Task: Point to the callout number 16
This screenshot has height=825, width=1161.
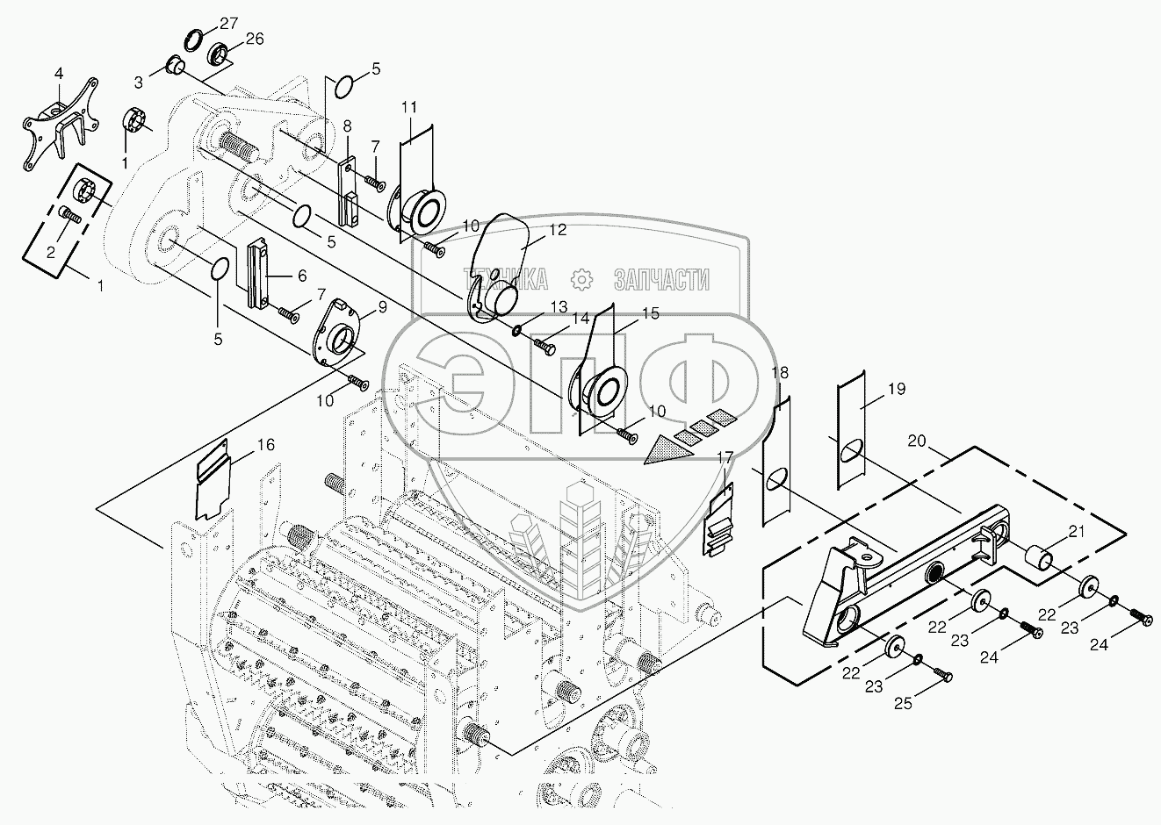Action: tap(265, 446)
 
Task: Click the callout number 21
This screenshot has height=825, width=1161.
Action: tap(1076, 530)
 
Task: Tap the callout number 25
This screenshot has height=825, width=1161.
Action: tap(902, 703)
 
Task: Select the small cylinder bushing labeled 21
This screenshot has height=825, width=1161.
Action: tap(1040, 556)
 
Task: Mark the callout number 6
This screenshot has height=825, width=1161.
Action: tap(301, 275)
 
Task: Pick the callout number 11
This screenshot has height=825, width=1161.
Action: tap(409, 108)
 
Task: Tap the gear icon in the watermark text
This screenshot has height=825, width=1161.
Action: tap(580, 279)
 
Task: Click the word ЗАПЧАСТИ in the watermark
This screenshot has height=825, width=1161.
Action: tap(660, 279)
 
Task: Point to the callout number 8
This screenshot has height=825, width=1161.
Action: tap(348, 125)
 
